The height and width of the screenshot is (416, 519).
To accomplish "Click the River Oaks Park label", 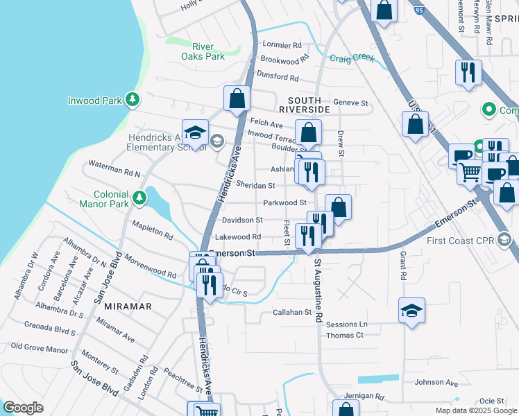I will tap(203, 51).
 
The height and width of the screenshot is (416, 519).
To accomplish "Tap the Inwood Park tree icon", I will tap(133, 101).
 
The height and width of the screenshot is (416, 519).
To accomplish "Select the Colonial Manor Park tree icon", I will tap(139, 198).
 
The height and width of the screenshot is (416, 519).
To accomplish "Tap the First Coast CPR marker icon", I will tap(504, 240).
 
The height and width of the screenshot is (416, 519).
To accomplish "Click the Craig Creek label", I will tap(352, 58).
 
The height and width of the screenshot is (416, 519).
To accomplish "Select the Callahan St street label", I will tap(292, 313).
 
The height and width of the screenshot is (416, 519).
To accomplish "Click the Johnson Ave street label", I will tap(436, 382).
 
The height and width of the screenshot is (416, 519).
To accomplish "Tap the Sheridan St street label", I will tap(255, 186).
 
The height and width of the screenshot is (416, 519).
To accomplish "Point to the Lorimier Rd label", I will tap(283, 44).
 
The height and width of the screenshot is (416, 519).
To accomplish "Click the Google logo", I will tap(24, 407).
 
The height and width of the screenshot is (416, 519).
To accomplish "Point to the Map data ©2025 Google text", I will tap(475, 410).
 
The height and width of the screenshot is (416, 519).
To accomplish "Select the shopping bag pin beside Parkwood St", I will tap(338, 207).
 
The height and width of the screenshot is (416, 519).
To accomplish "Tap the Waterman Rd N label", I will tap(112, 168).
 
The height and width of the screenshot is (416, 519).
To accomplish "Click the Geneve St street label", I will tap(350, 103).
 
